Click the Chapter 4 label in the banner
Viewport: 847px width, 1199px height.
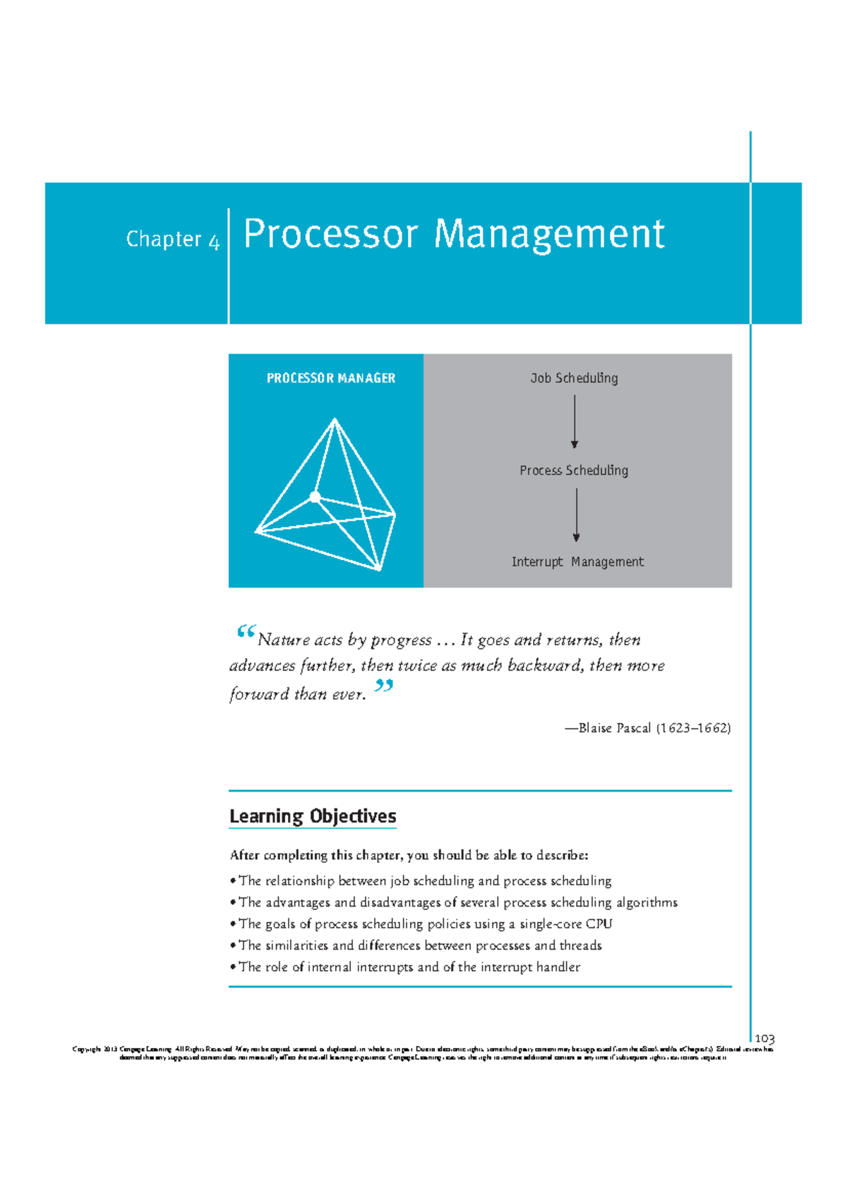[x=173, y=239]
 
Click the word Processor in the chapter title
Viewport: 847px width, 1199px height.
[x=330, y=234]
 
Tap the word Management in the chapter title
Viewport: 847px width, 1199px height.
[x=548, y=234]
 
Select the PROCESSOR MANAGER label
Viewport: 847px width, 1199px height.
[x=330, y=378]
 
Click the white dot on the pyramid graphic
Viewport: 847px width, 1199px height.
[x=316, y=497]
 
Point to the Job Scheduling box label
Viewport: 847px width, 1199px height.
[x=574, y=378]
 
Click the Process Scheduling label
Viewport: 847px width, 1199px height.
[x=573, y=470]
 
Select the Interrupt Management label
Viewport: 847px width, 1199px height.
[x=577, y=562]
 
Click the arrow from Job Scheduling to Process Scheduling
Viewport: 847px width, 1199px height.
[x=575, y=422]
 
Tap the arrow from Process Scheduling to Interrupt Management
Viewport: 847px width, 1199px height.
[x=577, y=515]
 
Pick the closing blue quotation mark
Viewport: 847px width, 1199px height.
[x=383, y=685]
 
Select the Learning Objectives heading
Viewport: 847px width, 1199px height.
[x=313, y=816]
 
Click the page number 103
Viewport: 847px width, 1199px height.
[x=764, y=1039]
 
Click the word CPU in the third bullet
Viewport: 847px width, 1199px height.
[x=599, y=924]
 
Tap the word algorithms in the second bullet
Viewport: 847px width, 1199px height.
[x=647, y=902]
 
